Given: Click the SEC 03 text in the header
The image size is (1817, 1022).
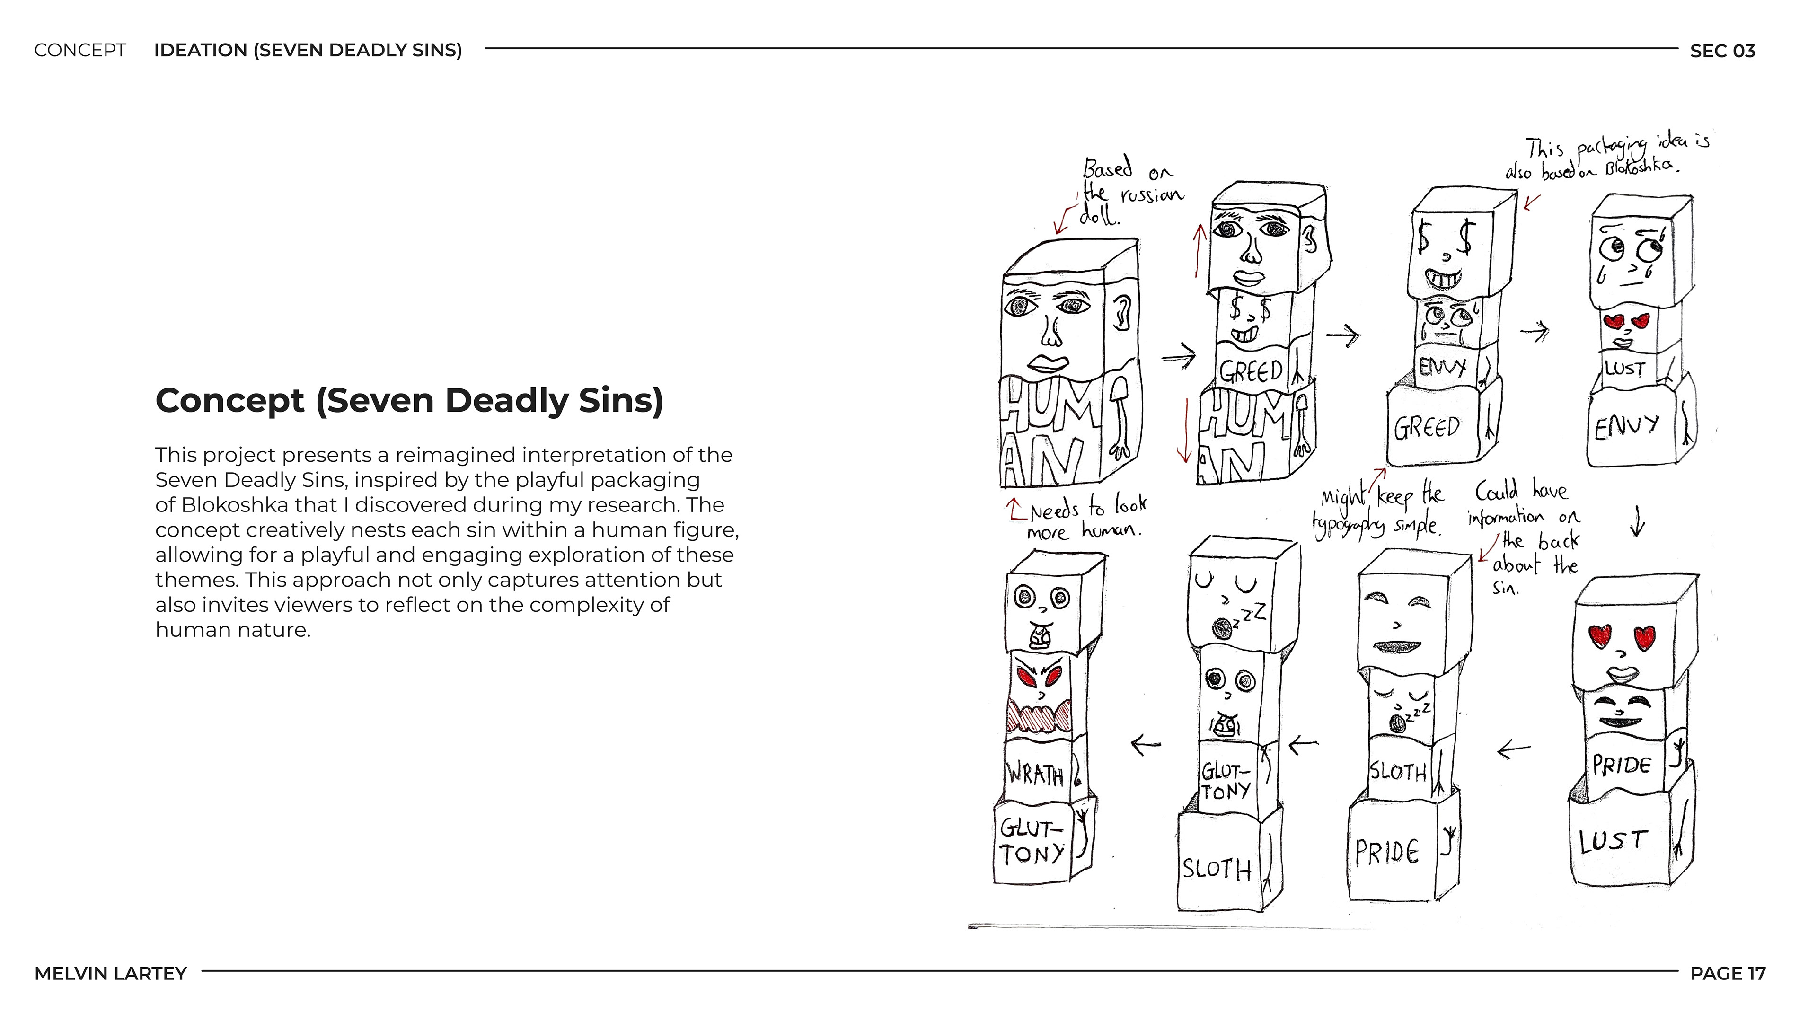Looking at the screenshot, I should click(1722, 51).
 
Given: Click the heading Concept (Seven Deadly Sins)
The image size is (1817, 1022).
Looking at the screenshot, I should click(409, 401).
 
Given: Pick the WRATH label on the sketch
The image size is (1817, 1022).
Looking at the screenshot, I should click(1035, 775).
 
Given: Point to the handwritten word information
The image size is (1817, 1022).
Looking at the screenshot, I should click(1506, 518).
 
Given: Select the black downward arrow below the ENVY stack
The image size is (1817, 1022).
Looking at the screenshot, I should click(1638, 523).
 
